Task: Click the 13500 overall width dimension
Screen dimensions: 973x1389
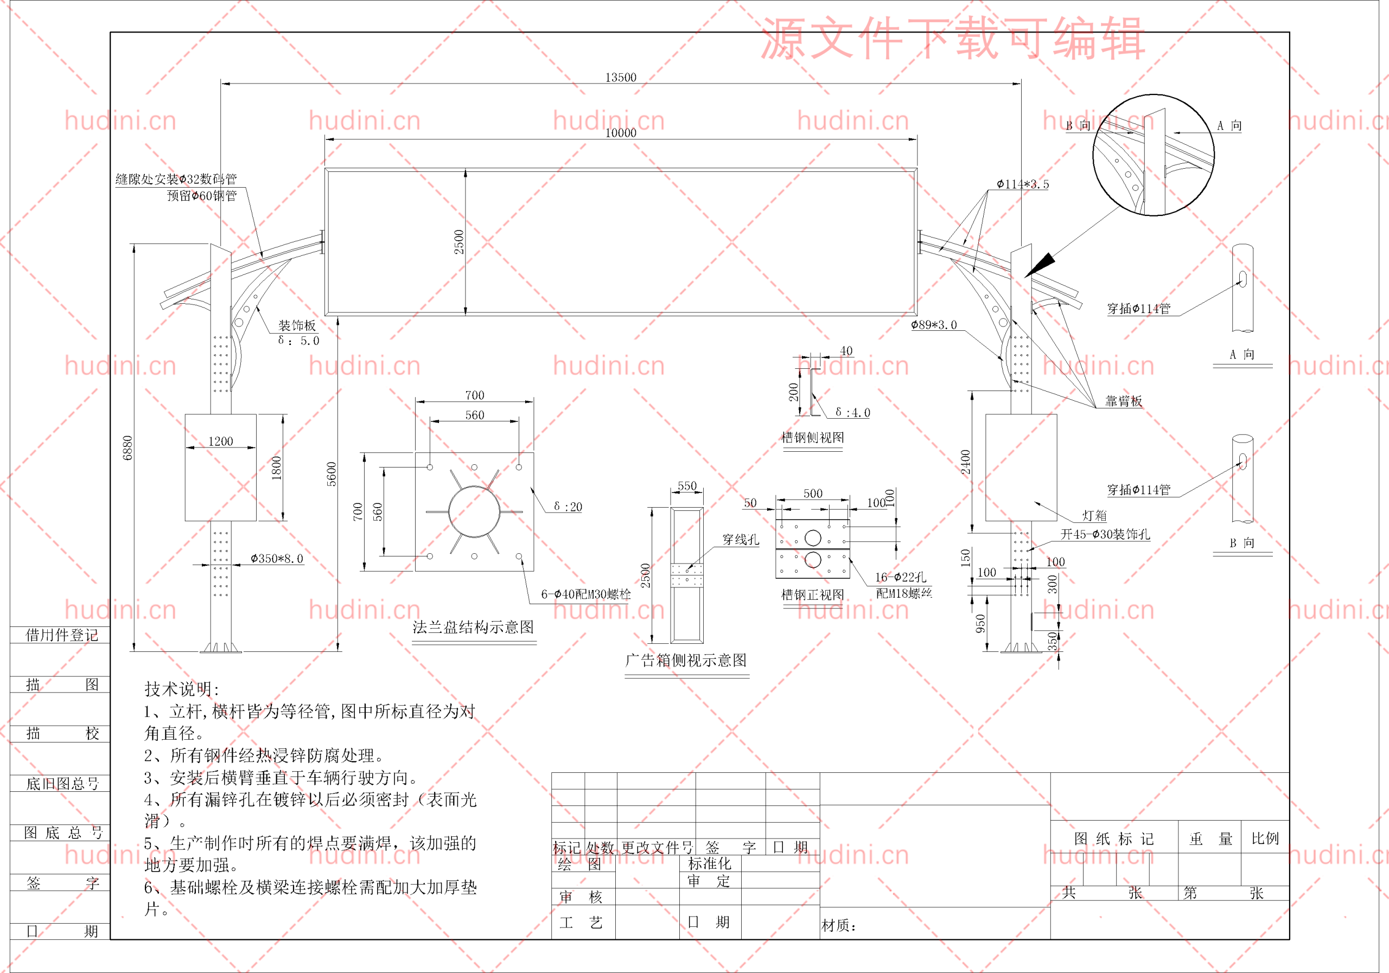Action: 621,78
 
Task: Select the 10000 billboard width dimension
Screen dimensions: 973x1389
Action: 621,132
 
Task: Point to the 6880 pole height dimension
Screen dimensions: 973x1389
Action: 128,447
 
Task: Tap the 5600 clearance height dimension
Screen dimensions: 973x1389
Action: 332,474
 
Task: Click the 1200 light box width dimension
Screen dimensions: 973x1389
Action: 220,441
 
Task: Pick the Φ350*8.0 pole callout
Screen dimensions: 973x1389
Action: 277,559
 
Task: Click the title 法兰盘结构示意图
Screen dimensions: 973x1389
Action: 473,627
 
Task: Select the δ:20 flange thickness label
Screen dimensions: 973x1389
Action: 568,507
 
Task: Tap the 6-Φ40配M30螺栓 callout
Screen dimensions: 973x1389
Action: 585,594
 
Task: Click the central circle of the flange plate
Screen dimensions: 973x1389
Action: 474,511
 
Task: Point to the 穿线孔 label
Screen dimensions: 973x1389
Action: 741,540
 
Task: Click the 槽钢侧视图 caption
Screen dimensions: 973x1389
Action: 812,437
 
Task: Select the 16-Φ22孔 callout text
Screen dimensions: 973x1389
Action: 900,578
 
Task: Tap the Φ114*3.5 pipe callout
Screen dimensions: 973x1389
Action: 1023,184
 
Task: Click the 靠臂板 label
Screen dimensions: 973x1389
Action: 1124,401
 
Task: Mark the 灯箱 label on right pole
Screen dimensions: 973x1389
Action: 1094,516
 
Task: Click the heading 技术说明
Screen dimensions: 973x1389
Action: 181,689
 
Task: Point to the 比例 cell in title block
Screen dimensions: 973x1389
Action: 1265,838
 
